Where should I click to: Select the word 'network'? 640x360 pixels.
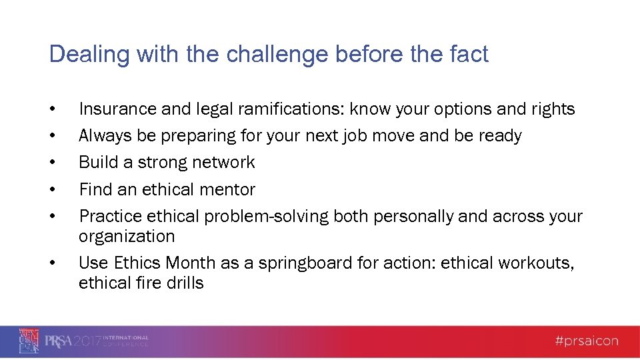point(223,163)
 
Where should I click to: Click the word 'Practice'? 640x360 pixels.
point(110,217)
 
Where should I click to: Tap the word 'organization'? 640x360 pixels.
point(127,237)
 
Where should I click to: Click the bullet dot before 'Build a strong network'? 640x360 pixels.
point(52,163)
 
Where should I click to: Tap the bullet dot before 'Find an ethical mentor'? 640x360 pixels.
point(52,191)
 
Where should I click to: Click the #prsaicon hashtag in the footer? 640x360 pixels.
point(586,341)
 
